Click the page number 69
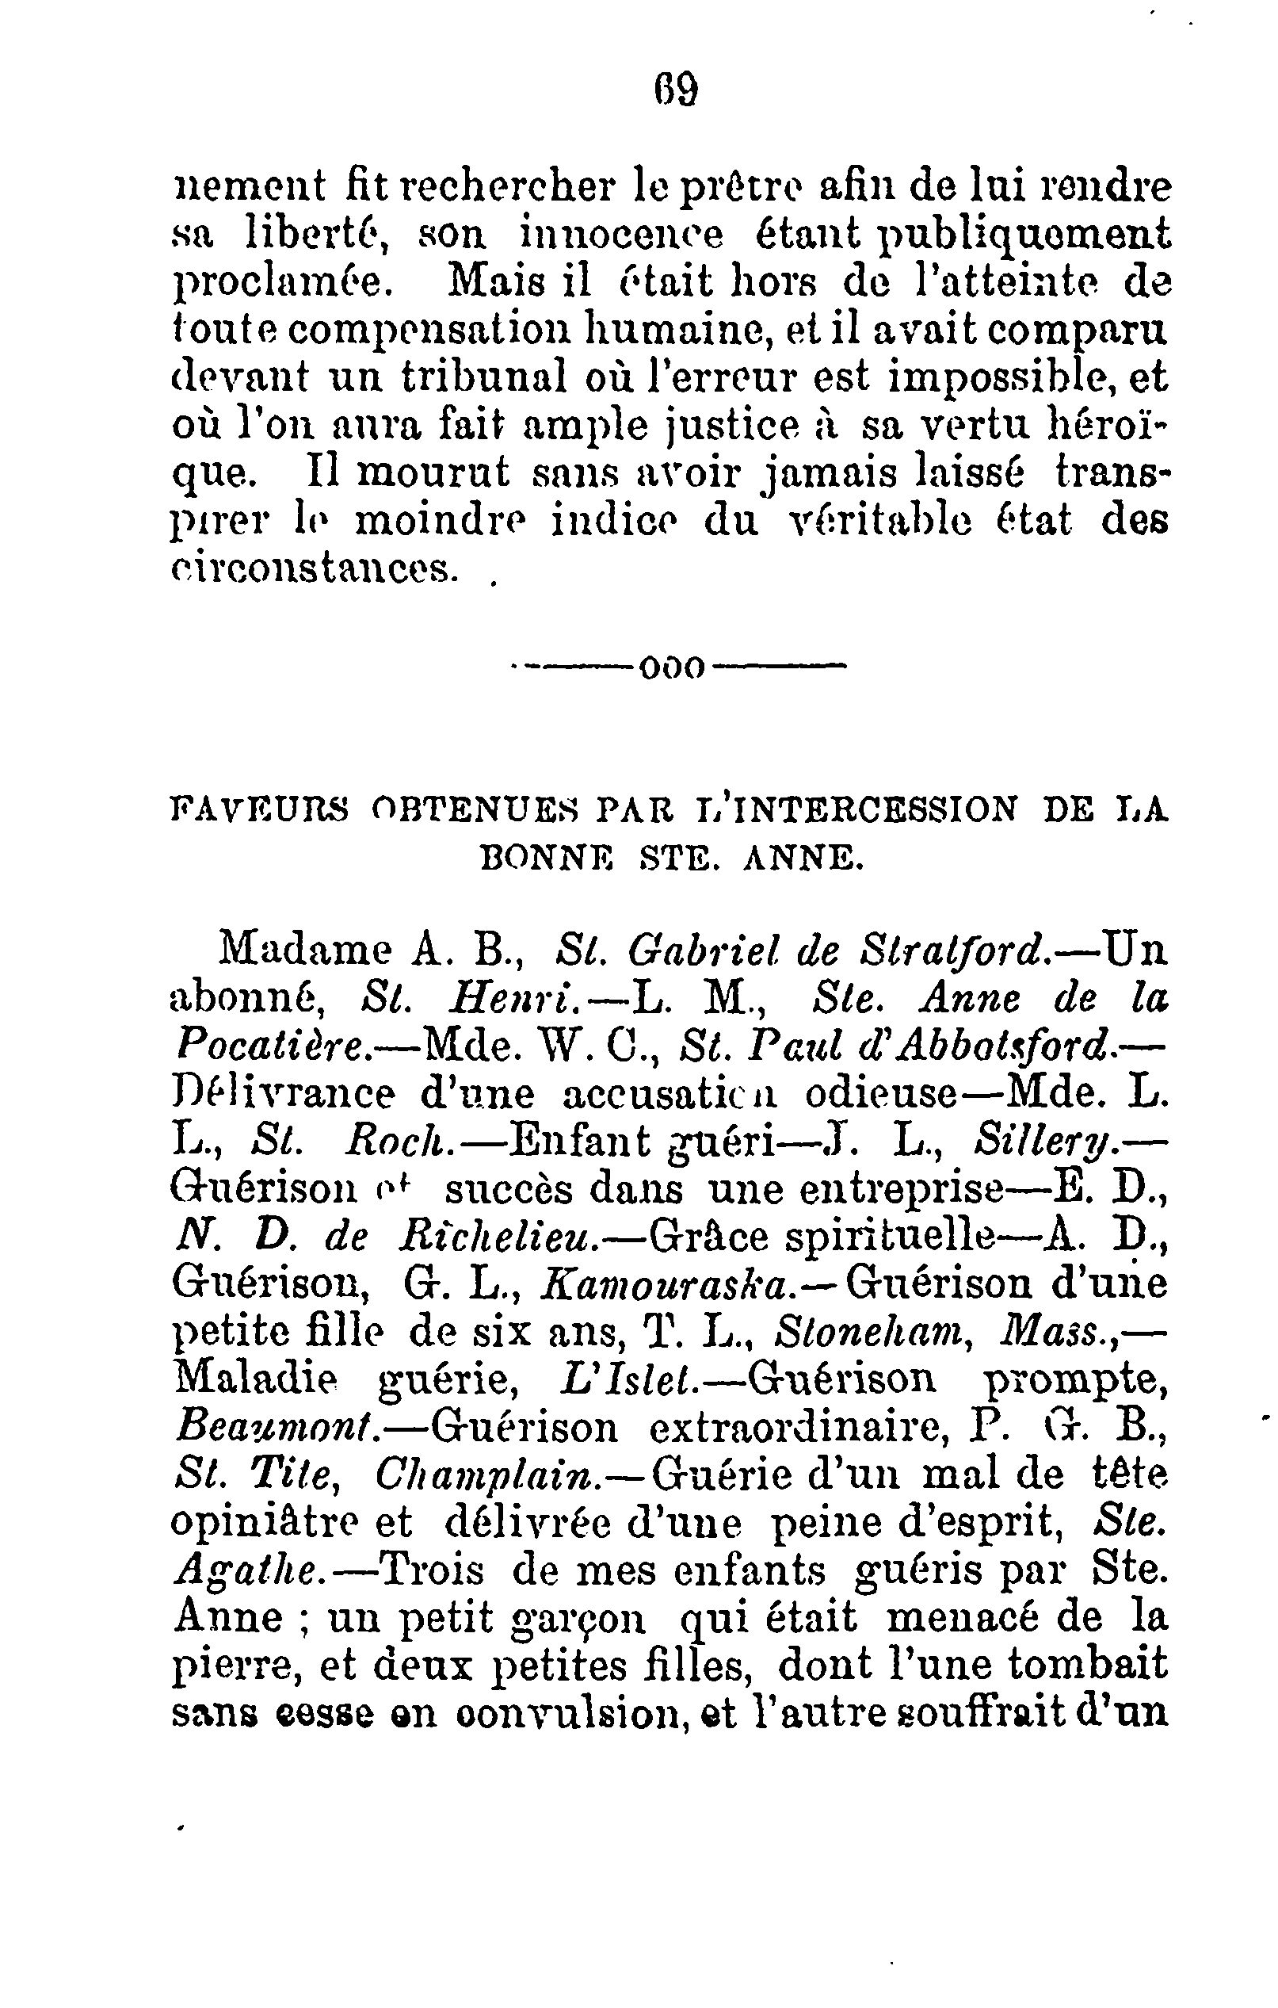coord(674,90)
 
